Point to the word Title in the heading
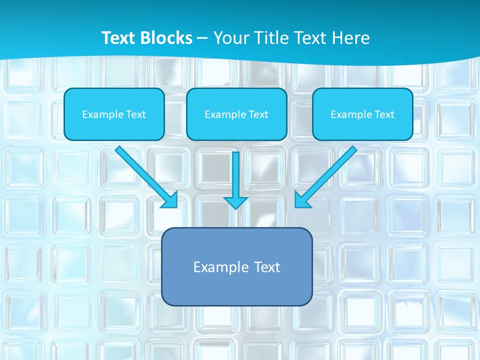(x=271, y=38)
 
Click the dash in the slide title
(x=203, y=38)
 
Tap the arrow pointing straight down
(x=235, y=175)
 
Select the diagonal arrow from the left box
(x=142, y=173)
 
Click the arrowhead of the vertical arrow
(x=235, y=202)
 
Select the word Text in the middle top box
(x=258, y=114)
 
